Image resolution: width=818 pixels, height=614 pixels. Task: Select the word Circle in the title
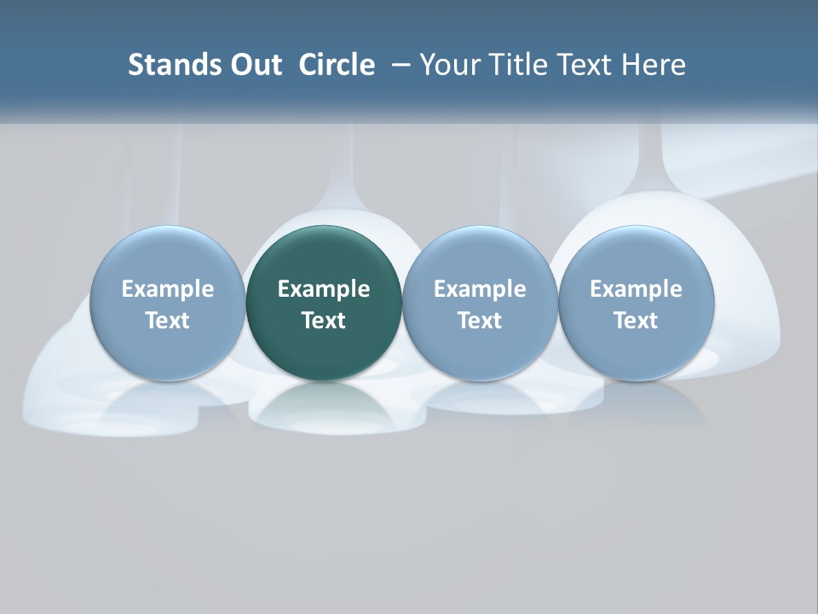(337, 65)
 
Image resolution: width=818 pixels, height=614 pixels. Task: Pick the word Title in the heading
(515, 65)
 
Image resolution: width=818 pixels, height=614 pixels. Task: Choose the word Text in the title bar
(583, 65)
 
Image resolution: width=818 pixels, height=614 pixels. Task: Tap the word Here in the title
(653, 65)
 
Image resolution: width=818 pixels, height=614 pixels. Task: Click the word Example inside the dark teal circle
(324, 289)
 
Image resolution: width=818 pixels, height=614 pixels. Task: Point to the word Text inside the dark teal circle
(324, 321)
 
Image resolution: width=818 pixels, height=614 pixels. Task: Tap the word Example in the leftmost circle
(167, 289)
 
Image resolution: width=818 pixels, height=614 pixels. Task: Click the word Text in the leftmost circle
(167, 321)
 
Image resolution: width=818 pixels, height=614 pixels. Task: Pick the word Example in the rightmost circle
(636, 289)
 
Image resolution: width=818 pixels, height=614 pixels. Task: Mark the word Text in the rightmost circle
(636, 321)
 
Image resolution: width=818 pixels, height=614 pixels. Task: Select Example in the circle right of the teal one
(480, 289)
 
